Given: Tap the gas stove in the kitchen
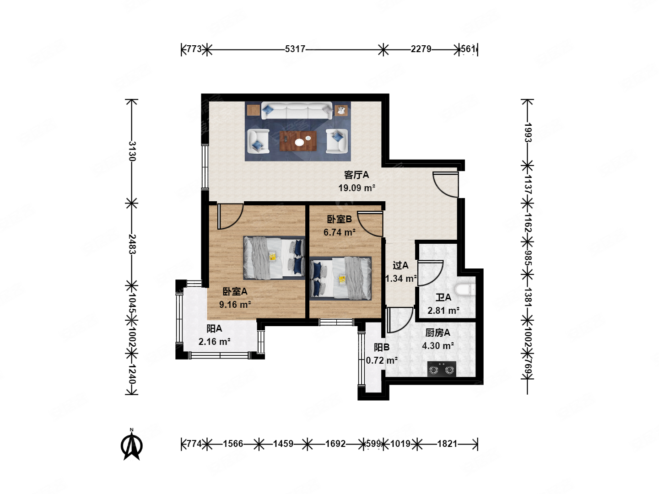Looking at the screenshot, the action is tap(441, 369).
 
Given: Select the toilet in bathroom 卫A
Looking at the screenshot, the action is tap(465, 290).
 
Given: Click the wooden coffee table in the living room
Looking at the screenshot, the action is tap(298, 141).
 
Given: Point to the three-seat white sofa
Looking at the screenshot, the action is tap(297, 111).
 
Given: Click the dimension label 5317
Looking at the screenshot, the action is tap(295, 49).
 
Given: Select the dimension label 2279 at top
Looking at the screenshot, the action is tap(421, 49).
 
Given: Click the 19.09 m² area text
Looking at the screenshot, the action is tap(357, 188).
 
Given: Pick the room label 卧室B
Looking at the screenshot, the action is tap(339, 219).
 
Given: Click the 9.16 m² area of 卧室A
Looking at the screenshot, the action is tap(235, 305).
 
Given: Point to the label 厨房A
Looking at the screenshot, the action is tap(438, 333).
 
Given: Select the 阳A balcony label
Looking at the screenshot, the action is tap(214, 329).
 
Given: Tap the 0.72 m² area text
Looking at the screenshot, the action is tap(382, 360).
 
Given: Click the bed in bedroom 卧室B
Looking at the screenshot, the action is tap(340, 279).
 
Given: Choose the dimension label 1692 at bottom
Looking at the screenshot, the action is tap(335, 444).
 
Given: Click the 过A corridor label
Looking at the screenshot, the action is tap(400, 265).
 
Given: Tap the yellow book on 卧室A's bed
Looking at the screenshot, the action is tap(273, 257).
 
